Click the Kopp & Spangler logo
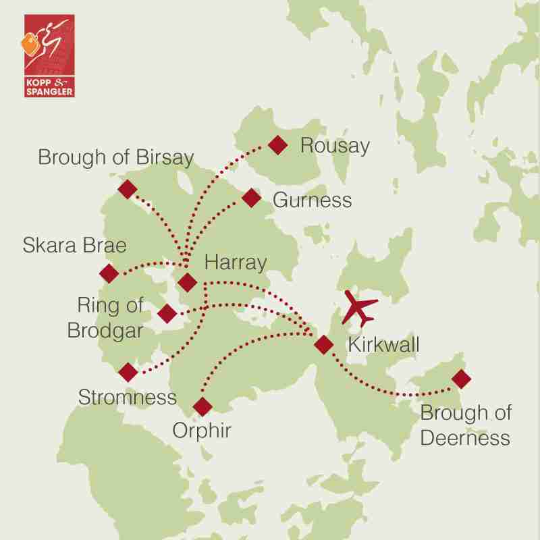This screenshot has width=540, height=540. point(49,55)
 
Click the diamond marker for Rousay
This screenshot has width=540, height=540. point(277,144)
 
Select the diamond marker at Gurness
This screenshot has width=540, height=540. point(251,198)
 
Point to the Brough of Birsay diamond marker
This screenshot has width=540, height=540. point(127,189)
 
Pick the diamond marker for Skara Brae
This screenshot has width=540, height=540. point(108,273)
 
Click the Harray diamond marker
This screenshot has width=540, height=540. point(188,282)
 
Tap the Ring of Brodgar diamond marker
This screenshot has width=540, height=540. point(167,313)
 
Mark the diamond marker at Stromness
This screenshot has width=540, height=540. point(127,371)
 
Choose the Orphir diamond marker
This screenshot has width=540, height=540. point(202,406)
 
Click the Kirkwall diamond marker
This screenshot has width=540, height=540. point(324,345)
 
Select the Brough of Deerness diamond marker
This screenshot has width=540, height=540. point(461,379)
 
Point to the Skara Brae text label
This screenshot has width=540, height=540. point(74,245)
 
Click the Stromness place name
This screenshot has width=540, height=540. point(127,398)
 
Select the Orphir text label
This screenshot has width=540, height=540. point(202,430)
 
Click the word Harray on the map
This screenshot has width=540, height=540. point(236,261)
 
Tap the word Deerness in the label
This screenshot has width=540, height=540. point(465,438)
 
